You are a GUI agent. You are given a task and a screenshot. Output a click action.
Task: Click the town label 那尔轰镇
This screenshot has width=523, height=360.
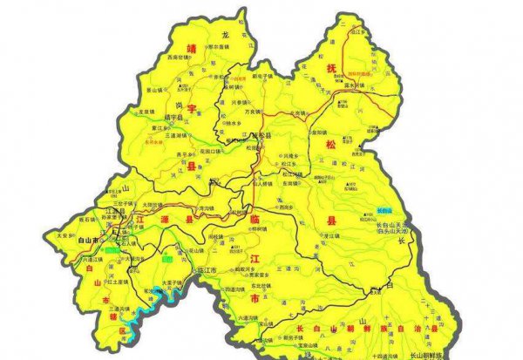pyautogui.click(x=217, y=47)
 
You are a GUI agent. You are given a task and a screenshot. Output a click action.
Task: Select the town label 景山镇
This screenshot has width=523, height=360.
pyautogui.click(x=153, y=89)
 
